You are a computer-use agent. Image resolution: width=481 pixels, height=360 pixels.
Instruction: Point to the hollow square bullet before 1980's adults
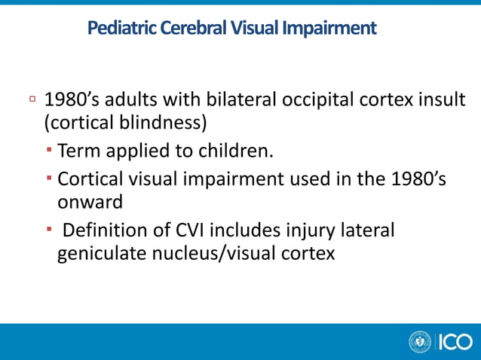pyautogui.click(x=32, y=99)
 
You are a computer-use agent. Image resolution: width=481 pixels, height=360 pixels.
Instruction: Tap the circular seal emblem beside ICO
pyautogui.click(x=419, y=342)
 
